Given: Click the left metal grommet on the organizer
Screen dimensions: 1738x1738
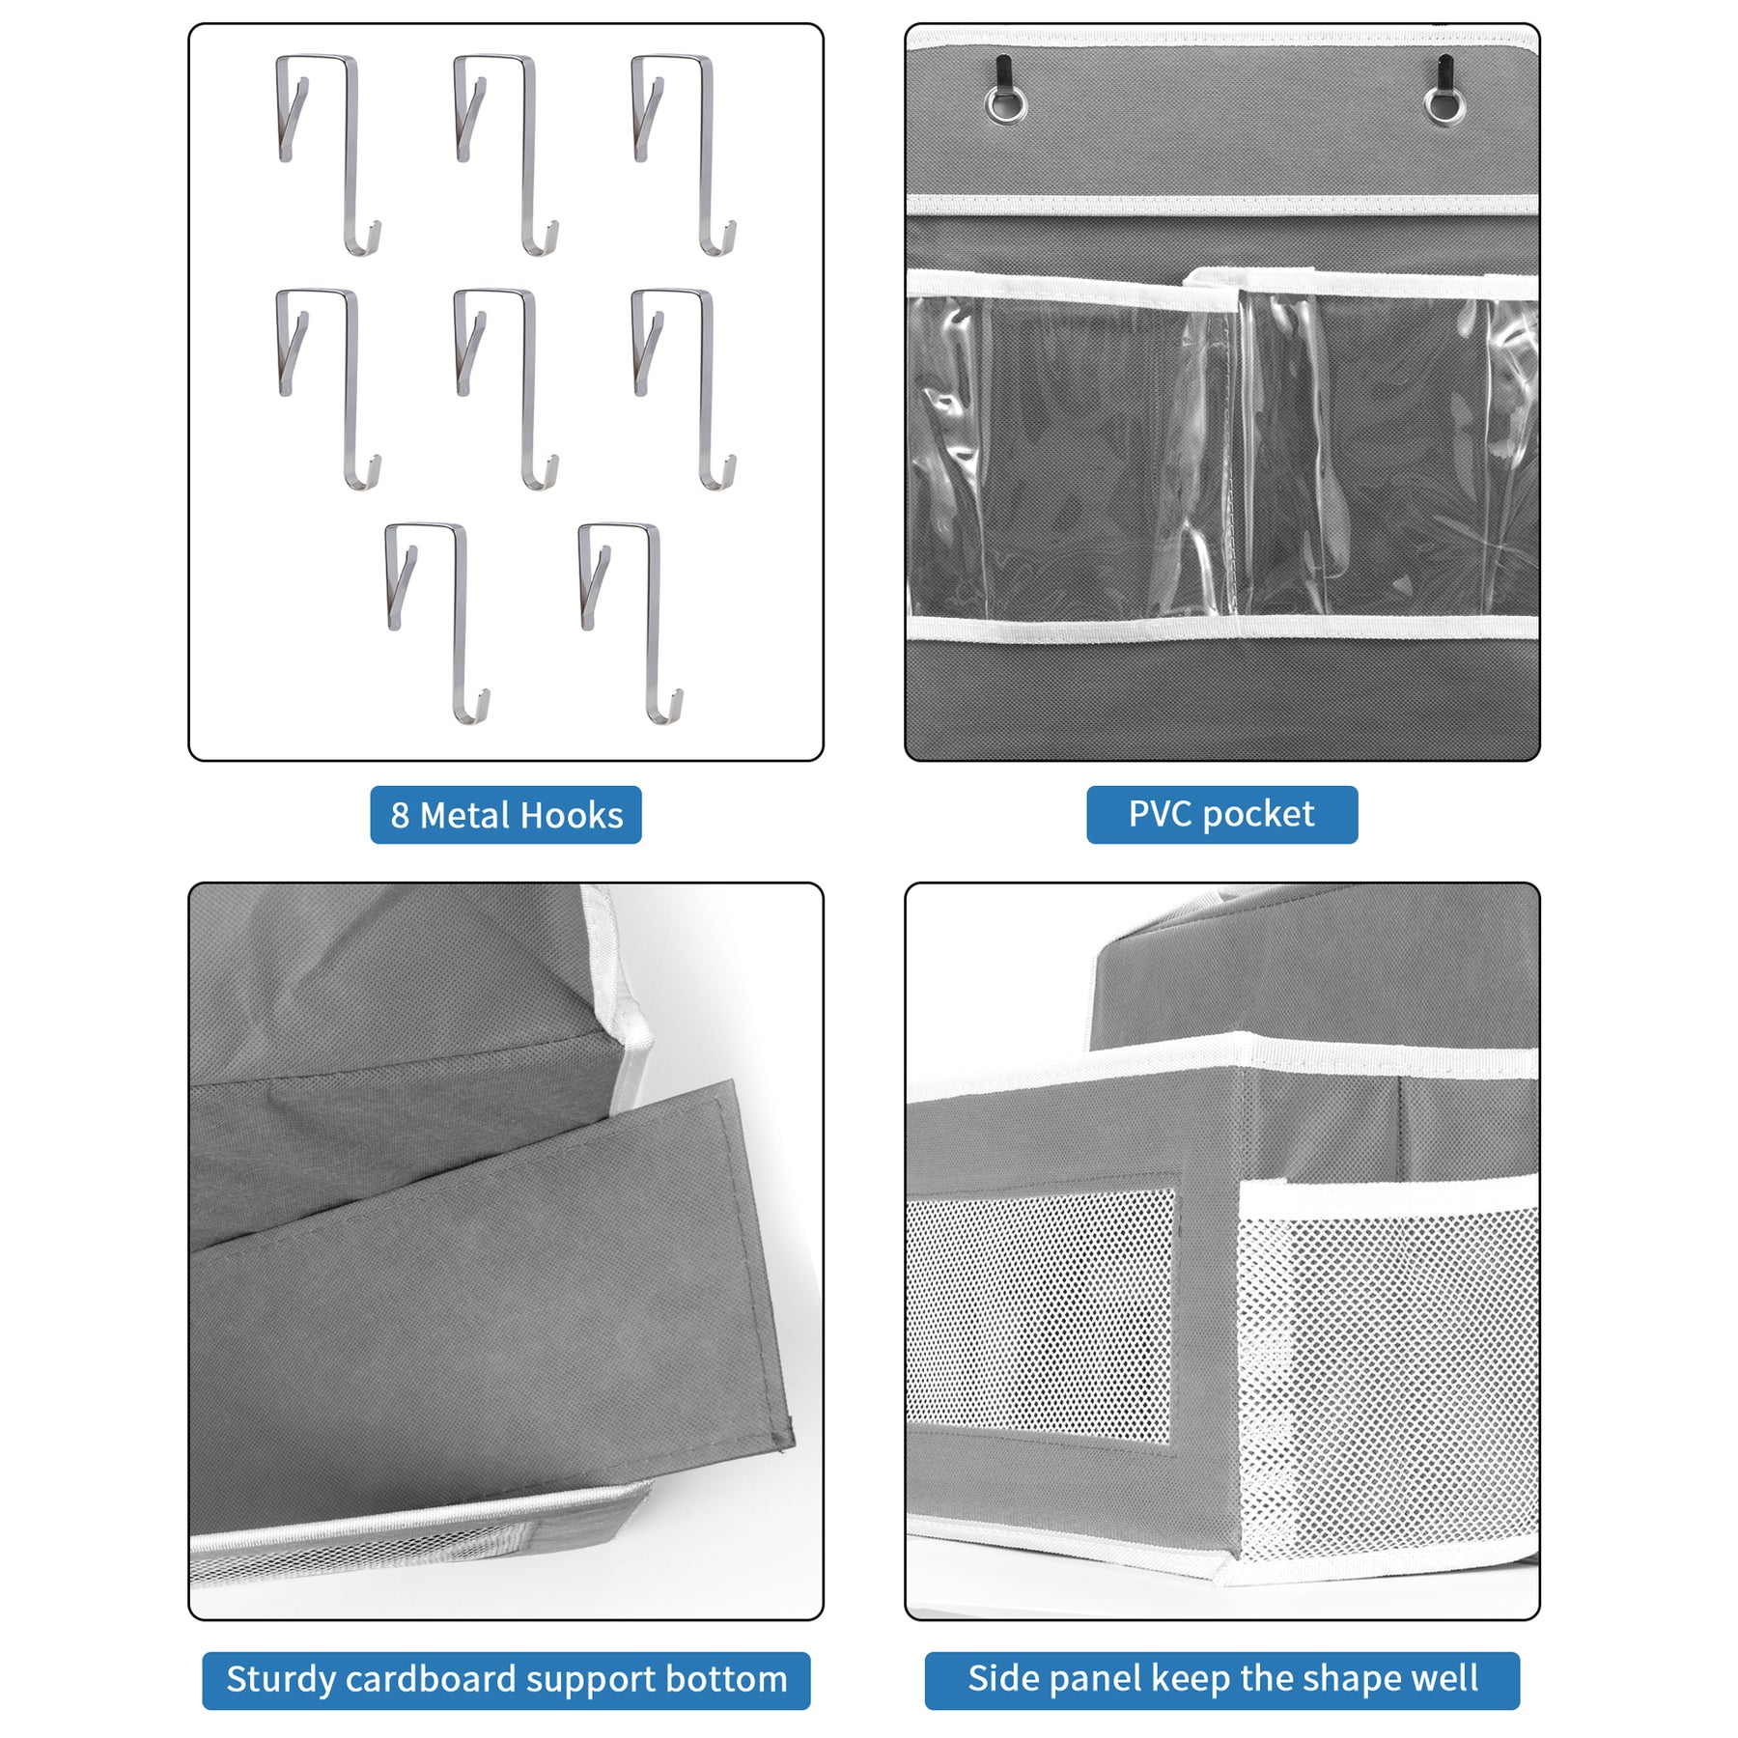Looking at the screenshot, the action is click(1005, 103).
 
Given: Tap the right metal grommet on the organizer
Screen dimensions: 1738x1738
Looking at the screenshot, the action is click(1444, 103).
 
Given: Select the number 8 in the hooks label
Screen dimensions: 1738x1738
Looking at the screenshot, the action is click(400, 816).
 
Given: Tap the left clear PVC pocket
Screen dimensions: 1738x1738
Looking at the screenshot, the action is click(1072, 454).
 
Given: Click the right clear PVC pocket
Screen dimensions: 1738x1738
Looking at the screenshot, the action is click(1388, 454).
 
